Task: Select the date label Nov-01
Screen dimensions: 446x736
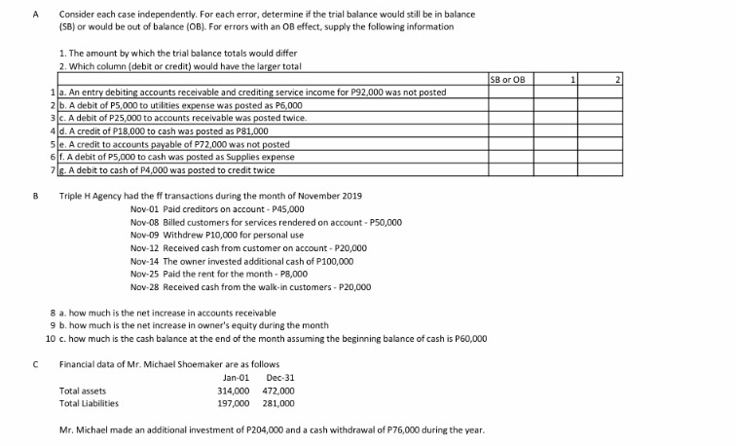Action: pos(142,208)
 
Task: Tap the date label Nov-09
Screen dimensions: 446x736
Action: pos(142,235)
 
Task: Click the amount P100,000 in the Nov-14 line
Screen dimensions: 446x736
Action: pos(334,261)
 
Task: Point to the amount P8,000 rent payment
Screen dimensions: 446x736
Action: pos(293,274)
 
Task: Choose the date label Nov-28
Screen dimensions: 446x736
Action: pos(142,287)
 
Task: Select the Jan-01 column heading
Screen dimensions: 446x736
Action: pos(237,378)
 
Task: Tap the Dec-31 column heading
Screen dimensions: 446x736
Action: pos(280,378)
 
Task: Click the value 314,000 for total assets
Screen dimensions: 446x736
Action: pos(233,390)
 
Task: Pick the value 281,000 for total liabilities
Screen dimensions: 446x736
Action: pos(279,403)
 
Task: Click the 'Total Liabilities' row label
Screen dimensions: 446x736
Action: pos(89,403)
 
